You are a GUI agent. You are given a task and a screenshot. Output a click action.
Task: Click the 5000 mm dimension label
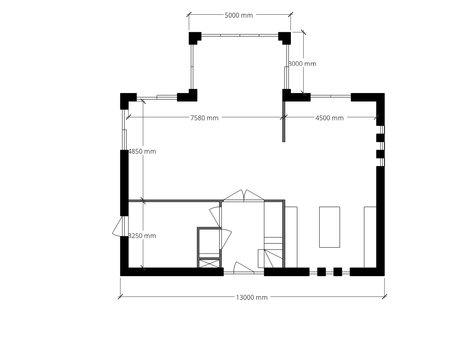pos(239,16)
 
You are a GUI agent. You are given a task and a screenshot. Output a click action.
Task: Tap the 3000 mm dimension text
pos(302,64)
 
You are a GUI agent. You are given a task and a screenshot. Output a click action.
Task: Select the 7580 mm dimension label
pos(204,118)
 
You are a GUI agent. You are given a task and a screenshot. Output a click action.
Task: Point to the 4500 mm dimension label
pos(330,118)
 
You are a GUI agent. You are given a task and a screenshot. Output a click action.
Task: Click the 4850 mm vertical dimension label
pos(142,151)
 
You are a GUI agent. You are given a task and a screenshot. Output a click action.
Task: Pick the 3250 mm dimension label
pos(142,236)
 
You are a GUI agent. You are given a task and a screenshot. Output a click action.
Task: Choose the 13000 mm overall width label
pos(251,297)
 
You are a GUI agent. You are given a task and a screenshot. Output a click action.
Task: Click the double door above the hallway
pos(243,196)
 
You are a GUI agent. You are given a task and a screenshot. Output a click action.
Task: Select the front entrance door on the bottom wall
pos(243,268)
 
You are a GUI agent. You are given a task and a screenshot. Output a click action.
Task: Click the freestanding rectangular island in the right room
pos(330,227)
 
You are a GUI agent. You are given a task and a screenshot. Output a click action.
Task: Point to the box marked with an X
pos(209,263)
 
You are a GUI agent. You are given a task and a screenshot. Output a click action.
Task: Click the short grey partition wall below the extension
pos(284,121)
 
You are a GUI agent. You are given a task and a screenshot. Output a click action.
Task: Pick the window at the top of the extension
pos(240,35)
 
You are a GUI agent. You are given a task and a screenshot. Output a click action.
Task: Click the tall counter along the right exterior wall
pos(370,237)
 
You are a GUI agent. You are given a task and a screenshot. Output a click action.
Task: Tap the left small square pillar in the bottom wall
pos(322,272)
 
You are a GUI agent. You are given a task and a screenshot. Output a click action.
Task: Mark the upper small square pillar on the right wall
pos(380,138)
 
